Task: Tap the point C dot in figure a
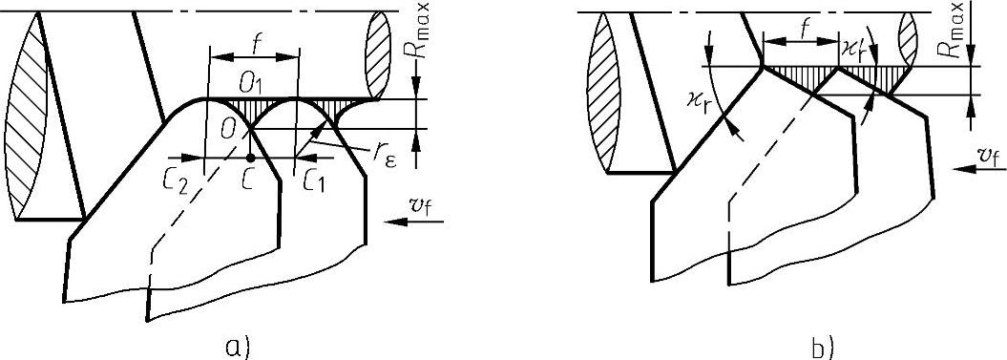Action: pos(250,157)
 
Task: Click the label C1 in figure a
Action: pos(314,185)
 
